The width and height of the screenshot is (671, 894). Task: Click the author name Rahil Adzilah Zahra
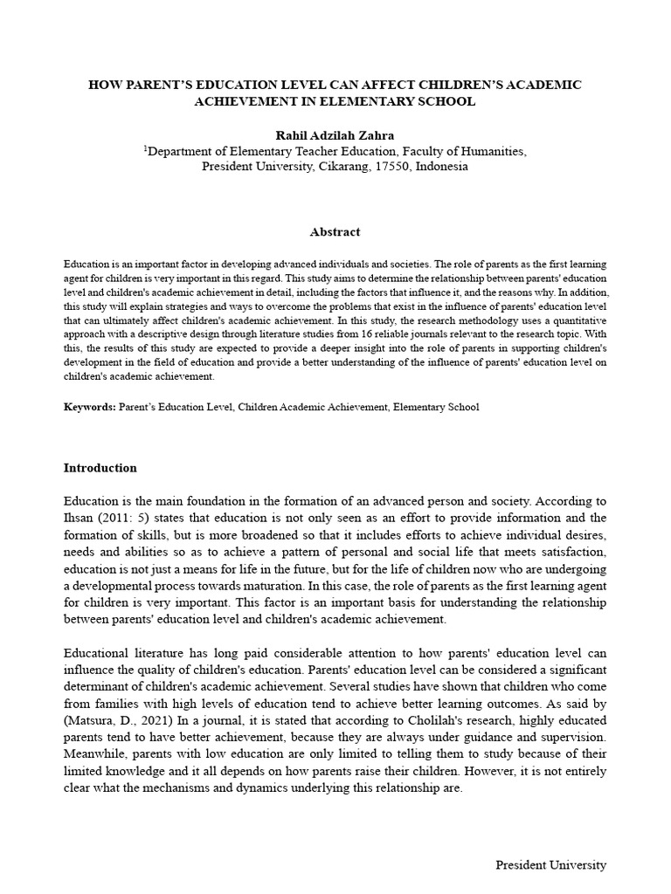(335, 134)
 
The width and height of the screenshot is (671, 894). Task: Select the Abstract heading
(335, 232)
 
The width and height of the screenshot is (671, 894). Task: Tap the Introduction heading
(100, 468)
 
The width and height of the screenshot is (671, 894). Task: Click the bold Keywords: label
(90, 407)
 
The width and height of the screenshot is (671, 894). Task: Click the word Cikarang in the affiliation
(337, 166)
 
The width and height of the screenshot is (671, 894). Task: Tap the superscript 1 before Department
(145, 148)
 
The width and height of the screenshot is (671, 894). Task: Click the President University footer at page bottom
(550, 865)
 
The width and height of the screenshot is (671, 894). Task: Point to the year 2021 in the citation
(152, 719)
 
